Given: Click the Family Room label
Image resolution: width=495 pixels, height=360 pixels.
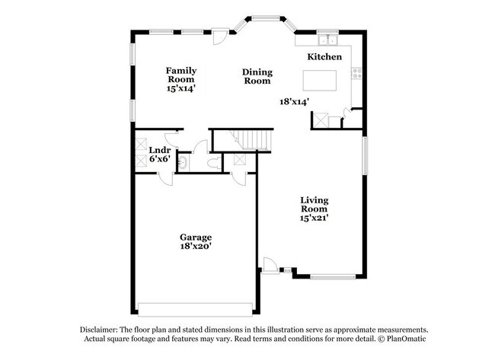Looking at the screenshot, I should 181,75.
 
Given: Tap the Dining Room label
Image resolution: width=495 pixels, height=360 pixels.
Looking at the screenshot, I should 257,76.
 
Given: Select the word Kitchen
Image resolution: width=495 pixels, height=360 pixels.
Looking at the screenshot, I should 324,57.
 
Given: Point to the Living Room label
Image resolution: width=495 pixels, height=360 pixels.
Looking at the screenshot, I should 314,205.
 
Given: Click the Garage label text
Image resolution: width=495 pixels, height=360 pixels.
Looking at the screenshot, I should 196,237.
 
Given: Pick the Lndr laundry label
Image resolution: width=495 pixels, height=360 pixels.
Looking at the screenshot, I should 158,149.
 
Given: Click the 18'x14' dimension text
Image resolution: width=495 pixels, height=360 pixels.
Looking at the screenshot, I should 294,100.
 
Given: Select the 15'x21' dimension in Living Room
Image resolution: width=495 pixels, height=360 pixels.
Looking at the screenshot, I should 314,218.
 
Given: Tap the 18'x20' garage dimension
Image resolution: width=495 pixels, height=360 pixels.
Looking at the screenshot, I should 196,247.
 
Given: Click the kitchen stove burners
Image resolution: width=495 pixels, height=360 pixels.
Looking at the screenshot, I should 354,74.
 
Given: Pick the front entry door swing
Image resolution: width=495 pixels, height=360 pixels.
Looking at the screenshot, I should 269,264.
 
